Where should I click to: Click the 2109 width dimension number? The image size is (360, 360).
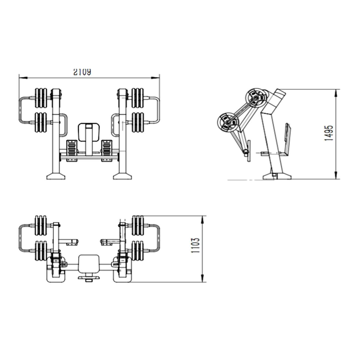click(x=82, y=72)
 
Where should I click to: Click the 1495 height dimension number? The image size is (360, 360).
click(x=328, y=133)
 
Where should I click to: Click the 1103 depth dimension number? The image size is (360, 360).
click(x=196, y=245)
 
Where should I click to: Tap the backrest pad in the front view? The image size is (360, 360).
click(x=89, y=132)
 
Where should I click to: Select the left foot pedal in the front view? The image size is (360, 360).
click(x=72, y=150)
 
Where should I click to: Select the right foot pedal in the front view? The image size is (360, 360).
click(x=107, y=150)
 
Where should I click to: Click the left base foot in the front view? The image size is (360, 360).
click(x=56, y=176)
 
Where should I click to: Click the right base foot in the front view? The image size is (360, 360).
click(x=122, y=176)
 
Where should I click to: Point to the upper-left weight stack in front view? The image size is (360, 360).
click(x=41, y=98)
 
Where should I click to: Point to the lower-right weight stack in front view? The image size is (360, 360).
click(x=138, y=122)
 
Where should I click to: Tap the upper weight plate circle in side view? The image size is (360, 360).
click(x=255, y=98)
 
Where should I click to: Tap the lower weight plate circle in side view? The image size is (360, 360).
click(x=227, y=122)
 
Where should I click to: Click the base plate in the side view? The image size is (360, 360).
click(x=277, y=176)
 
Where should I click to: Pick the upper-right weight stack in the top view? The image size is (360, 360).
click(x=138, y=225)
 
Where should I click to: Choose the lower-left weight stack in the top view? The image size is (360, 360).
click(x=41, y=251)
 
